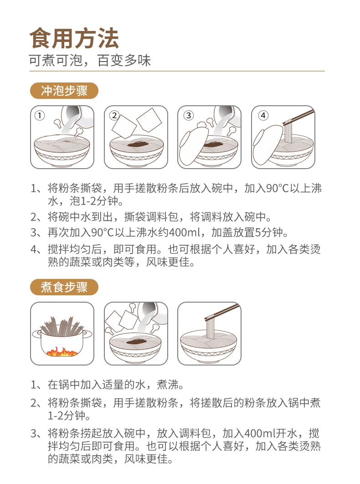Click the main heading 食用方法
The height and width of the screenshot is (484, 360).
pyautogui.click(x=74, y=38)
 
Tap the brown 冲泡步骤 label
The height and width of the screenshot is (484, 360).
pyautogui.click(x=64, y=91)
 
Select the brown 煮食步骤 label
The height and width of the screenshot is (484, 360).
pyautogui.click(x=64, y=288)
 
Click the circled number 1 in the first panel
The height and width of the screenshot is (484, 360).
pyautogui.click(x=40, y=115)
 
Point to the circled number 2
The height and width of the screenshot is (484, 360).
pyautogui.click(x=114, y=115)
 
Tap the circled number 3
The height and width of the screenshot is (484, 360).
pyautogui.click(x=188, y=115)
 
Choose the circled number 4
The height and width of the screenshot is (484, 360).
pyautogui.click(x=263, y=115)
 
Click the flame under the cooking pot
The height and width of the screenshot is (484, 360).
pyautogui.click(x=62, y=351)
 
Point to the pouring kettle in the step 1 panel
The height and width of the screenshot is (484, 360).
pyautogui.click(x=73, y=116)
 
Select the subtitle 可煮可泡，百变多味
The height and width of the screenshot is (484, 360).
pyautogui.click(x=90, y=61)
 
